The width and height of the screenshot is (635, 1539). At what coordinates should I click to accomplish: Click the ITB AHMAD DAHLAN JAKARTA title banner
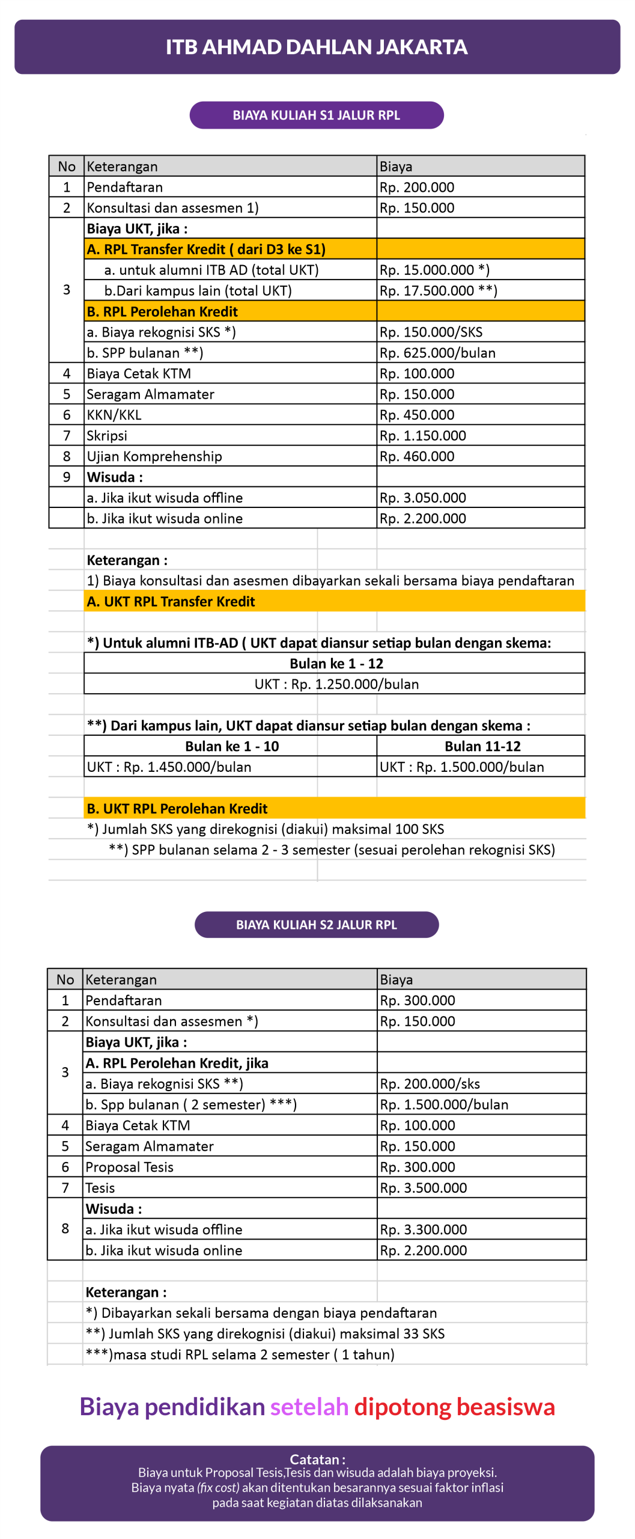coord(317,47)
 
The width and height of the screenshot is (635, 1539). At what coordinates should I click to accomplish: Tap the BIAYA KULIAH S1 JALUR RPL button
coord(317,115)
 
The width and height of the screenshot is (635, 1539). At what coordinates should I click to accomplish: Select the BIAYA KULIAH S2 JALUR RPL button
coord(317,925)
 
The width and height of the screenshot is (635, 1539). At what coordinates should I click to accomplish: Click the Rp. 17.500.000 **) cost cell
coord(438,291)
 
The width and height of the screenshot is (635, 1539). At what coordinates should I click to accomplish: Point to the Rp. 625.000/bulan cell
coord(437,353)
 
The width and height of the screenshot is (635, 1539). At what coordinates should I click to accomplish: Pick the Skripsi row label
coord(107,436)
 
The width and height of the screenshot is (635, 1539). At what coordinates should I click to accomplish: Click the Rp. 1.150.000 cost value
coord(422,436)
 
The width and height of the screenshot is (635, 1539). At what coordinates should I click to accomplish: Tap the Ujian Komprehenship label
coord(154,456)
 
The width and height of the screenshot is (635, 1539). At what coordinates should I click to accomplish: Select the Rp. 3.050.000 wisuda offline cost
coord(422,498)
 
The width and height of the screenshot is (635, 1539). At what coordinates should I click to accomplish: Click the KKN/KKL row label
coord(114,415)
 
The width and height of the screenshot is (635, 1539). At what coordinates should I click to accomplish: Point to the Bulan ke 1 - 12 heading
coord(336,664)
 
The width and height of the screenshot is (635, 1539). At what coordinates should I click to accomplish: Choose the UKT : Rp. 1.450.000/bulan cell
coord(169,767)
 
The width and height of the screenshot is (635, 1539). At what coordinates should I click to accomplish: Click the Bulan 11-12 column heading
coord(482,747)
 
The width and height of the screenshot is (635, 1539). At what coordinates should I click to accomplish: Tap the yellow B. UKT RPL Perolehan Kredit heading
coord(177,809)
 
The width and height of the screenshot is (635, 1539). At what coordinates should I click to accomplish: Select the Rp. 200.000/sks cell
coord(430,1084)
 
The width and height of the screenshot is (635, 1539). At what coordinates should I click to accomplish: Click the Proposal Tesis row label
coord(129,1167)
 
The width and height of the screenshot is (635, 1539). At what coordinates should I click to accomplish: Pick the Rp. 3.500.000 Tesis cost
coord(424,1188)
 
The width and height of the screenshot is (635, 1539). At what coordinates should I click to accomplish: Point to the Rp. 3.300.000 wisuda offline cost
coord(424,1229)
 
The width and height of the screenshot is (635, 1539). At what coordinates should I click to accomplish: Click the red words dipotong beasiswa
coord(454,1407)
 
